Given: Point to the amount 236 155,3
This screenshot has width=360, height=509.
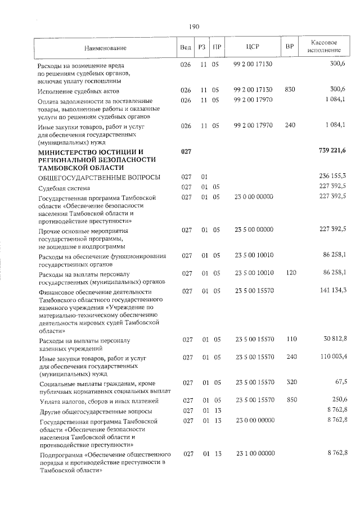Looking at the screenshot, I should (332, 177).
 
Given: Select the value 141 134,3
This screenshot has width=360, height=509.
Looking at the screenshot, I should (332, 290).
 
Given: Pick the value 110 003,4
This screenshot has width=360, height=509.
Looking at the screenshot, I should (332, 357).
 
